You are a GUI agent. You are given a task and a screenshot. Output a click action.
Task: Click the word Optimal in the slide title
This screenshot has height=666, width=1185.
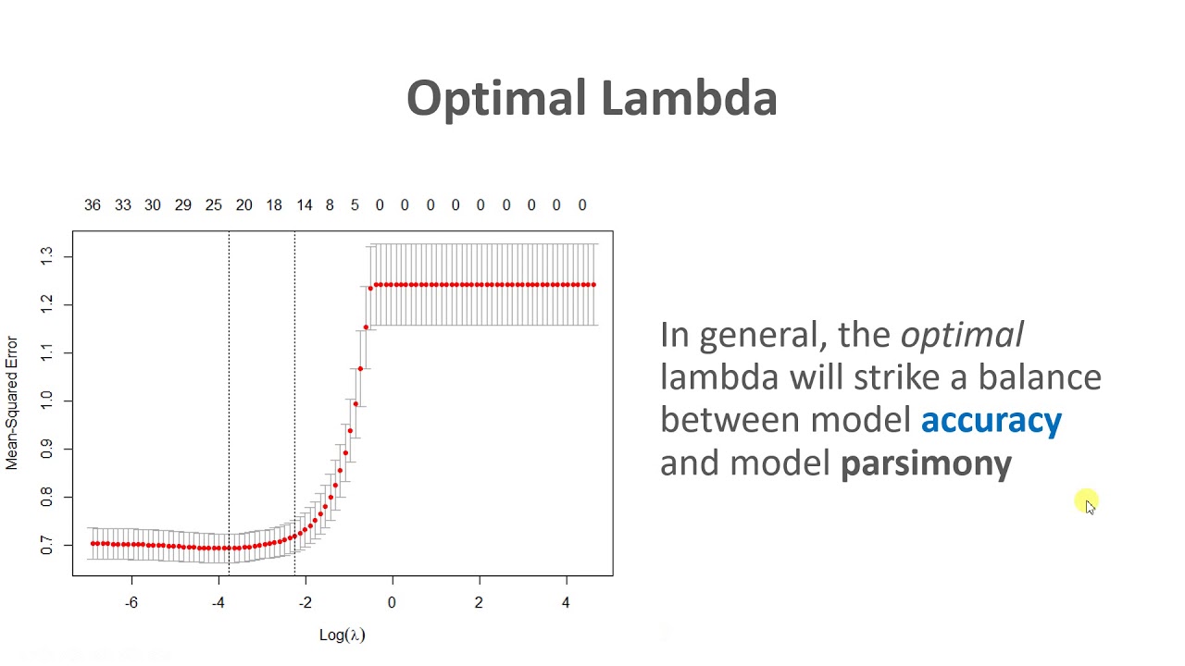(x=496, y=99)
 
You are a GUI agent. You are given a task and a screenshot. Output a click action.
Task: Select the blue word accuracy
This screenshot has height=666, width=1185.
(x=991, y=420)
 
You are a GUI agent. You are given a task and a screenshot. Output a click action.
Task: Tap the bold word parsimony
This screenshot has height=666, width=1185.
(x=926, y=462)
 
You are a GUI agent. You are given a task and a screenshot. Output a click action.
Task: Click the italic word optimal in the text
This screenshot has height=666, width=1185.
(x=962, y=334)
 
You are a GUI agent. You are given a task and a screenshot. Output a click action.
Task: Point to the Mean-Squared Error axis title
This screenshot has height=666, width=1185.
(x=12, y=402)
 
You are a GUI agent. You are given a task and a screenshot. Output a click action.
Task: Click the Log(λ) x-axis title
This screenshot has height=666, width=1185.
(x=343, y=635)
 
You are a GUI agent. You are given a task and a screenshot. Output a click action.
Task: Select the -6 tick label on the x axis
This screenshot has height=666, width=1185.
(x=131, y=603)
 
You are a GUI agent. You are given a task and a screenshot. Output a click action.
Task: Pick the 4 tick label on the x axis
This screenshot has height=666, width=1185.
(x=566, y=603)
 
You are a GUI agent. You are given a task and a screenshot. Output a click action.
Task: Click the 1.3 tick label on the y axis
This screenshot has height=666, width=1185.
(x=47, y=256)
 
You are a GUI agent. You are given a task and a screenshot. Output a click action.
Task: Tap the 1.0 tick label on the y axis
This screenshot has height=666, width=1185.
(x=47, y=401)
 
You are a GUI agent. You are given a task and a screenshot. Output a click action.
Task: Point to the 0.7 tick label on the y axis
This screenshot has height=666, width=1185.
(x=47, y=546)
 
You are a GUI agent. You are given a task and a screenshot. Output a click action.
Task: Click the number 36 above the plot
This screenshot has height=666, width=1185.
(x=93, y=205)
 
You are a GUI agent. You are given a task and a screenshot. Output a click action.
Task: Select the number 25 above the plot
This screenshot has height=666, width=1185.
(x=214, y=205)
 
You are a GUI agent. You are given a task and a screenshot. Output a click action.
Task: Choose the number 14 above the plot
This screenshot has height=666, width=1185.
(x=305, y=205)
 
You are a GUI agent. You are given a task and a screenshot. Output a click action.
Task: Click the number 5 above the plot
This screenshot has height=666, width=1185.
(x=355, y=205)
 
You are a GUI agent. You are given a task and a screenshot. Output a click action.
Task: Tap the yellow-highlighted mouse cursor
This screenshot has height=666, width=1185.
(x=1088, y=503)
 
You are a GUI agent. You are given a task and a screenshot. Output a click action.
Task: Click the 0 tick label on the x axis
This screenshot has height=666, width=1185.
(x=392, y=603)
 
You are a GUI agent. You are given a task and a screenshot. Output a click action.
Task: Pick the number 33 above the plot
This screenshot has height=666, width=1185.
(x=123, y=205)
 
